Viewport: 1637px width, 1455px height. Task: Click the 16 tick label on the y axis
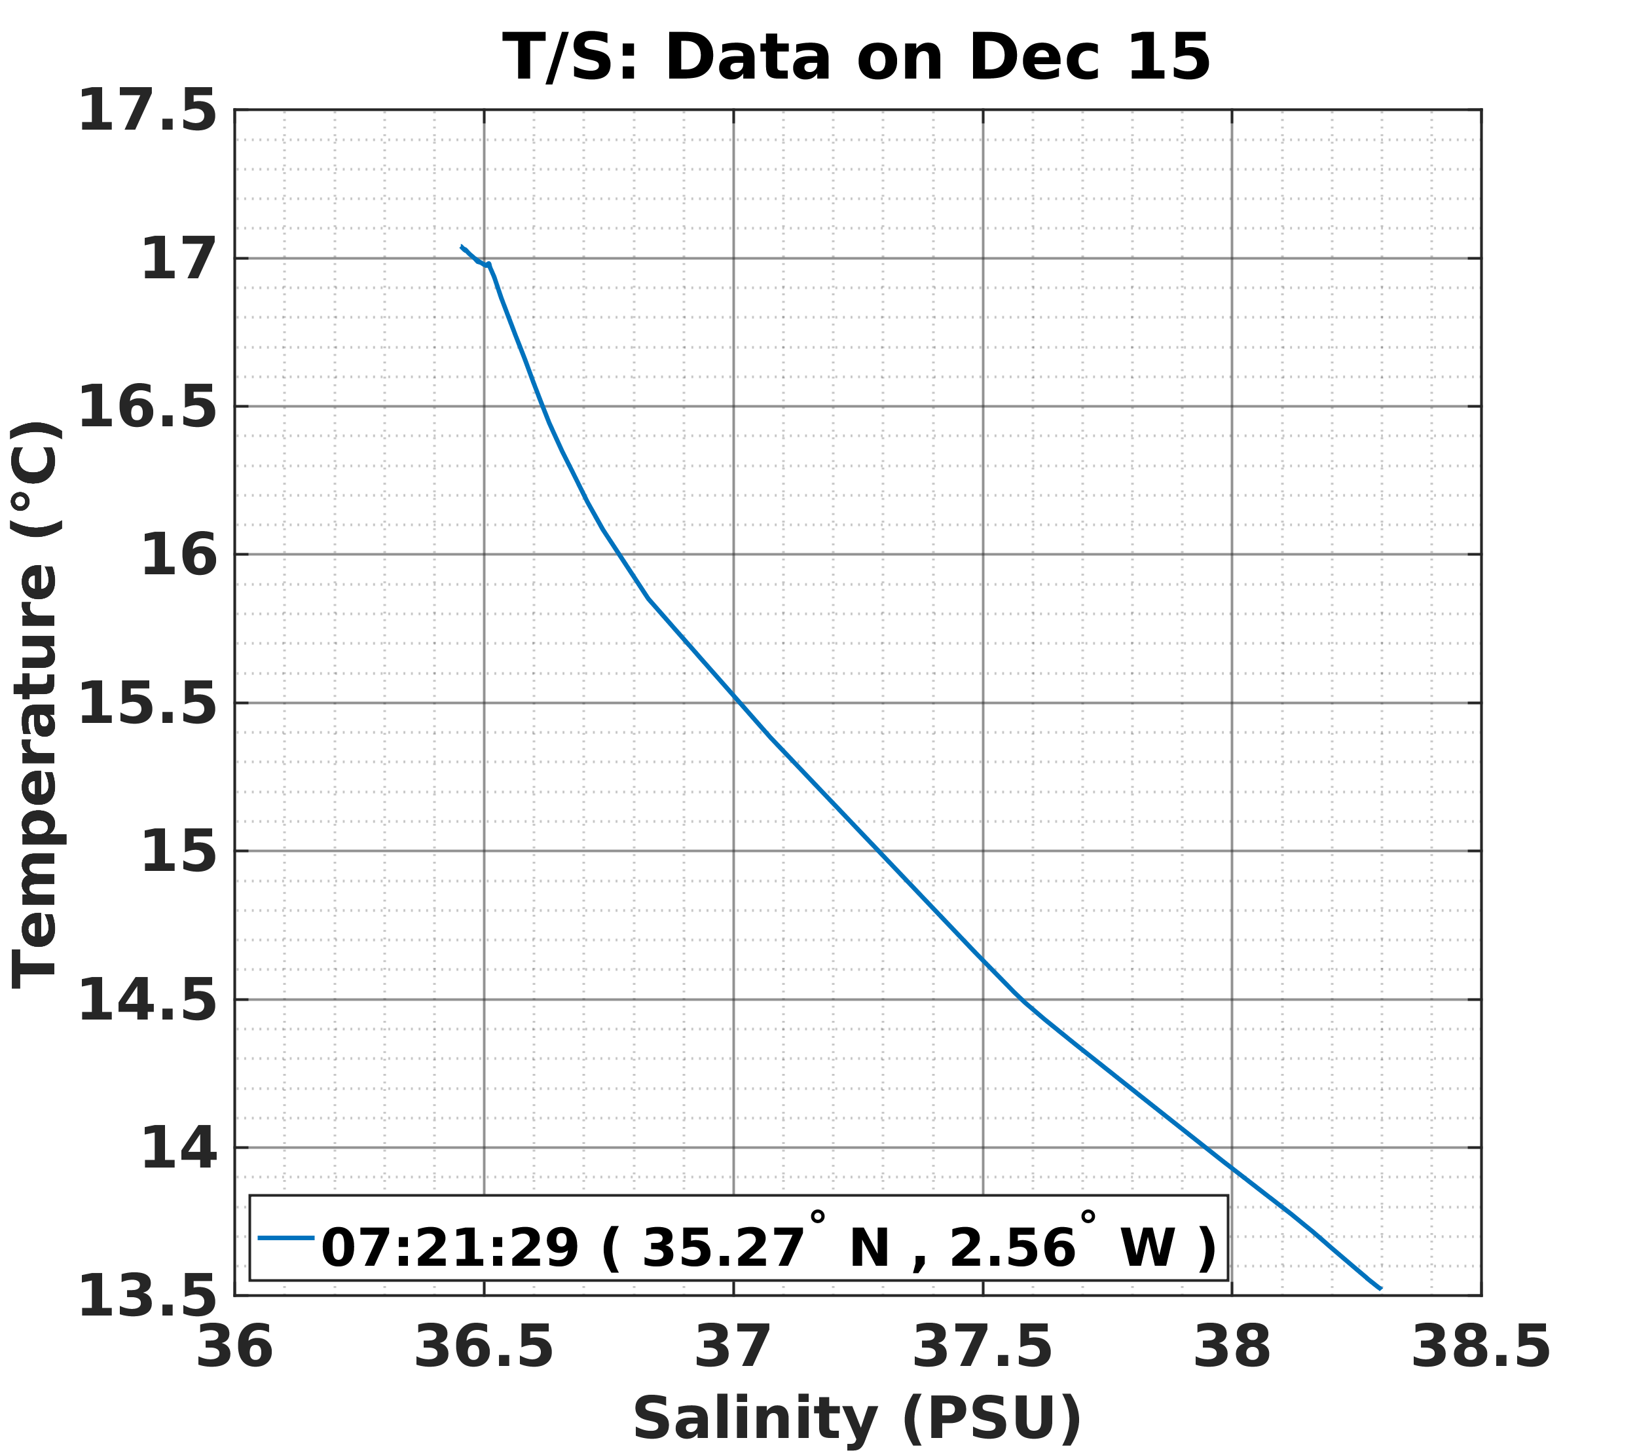[x=179, y=557]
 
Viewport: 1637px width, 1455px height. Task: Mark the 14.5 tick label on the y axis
[x=147, y=1001]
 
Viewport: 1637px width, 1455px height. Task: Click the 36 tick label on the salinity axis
[x=234, y=1347]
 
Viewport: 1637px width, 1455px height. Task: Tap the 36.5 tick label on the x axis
[x=483, y=1347]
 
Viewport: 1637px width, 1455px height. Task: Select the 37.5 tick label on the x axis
[x=982, y=1347]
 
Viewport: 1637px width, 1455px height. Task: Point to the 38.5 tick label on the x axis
[x=1480, y=1347]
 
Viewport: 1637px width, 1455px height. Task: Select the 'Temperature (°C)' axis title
[x=36, y=705]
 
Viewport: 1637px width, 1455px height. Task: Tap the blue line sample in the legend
[x=286, y=1238]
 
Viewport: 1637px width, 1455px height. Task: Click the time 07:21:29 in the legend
[x=449, y=1247]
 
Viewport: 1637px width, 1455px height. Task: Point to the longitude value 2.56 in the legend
[x=1012, y=1247]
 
